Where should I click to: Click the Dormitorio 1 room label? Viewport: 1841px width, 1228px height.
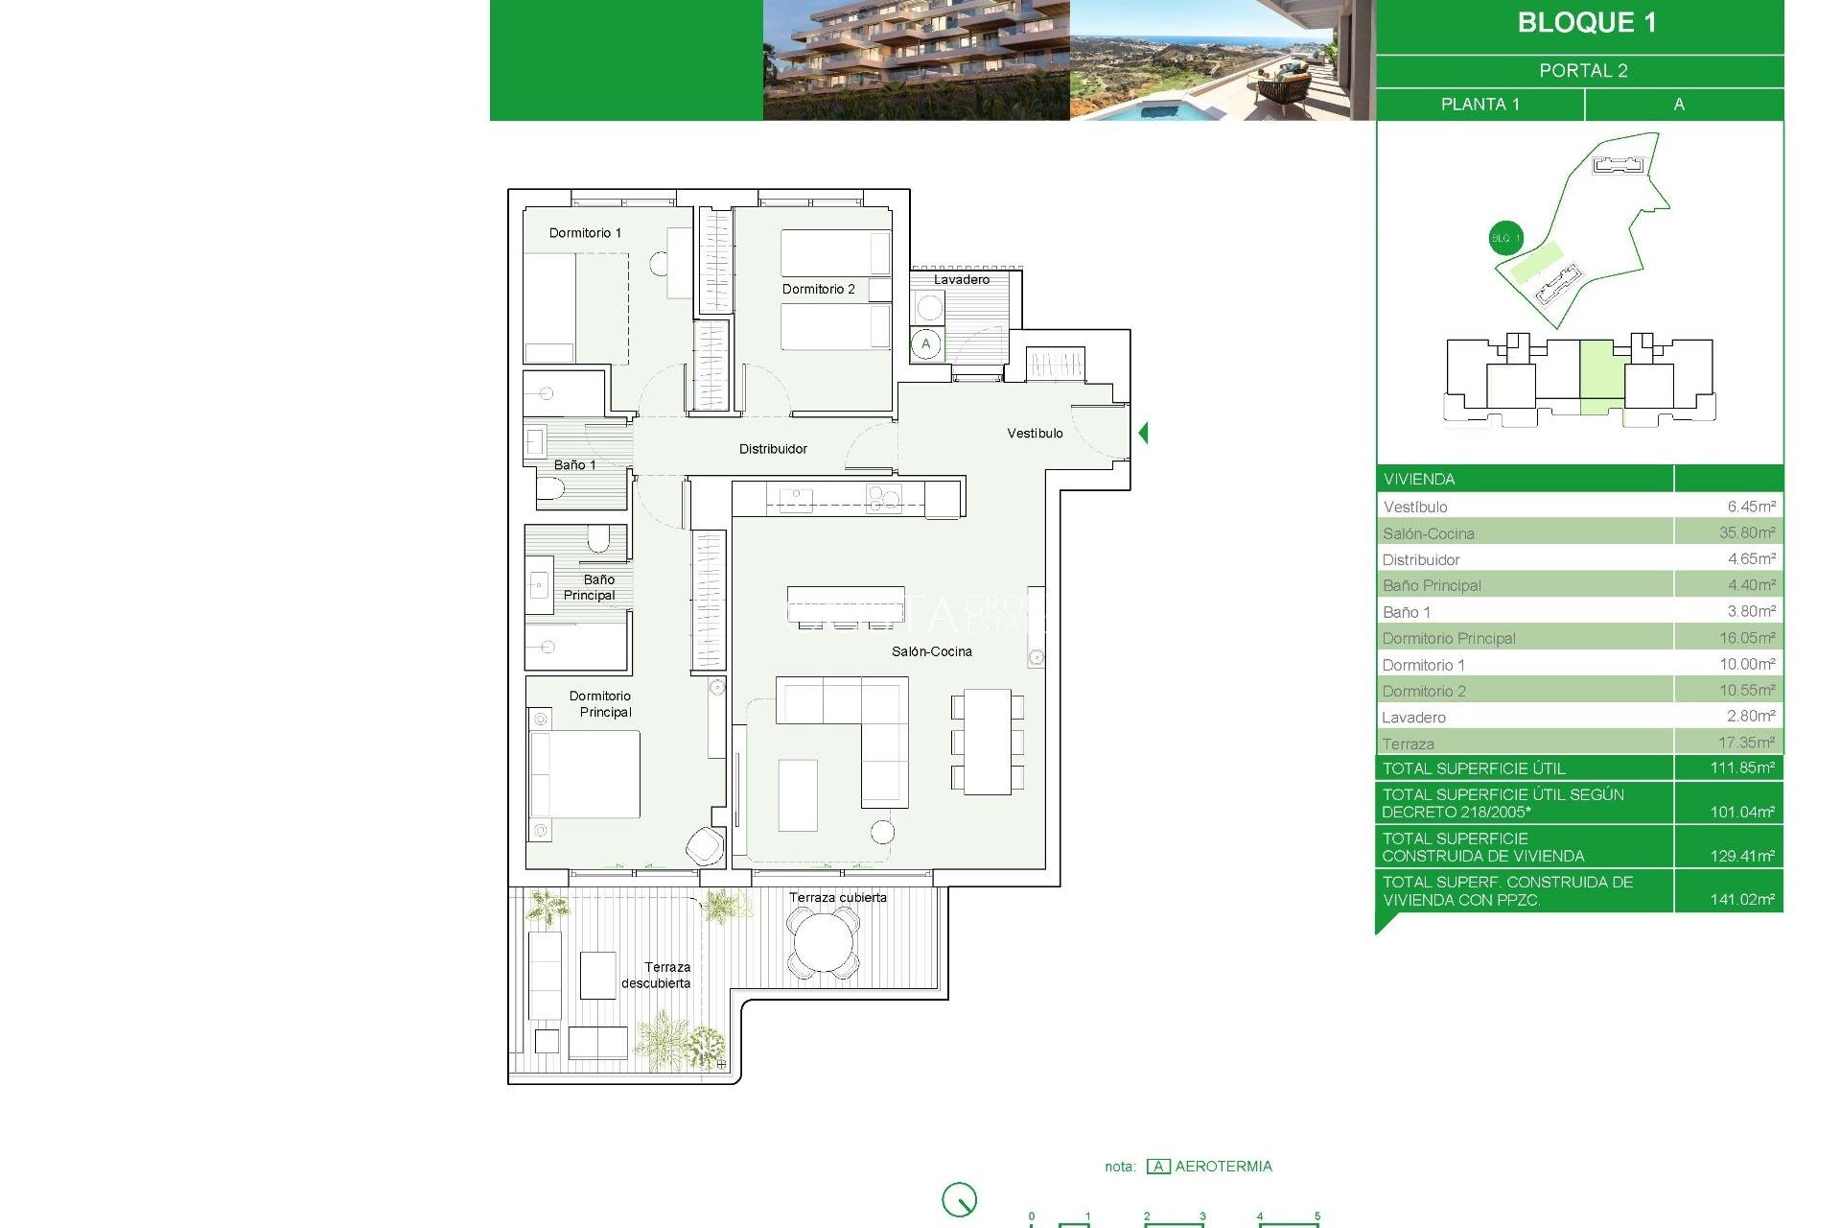point(585,233)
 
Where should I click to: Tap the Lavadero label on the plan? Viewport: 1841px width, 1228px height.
point(961,279)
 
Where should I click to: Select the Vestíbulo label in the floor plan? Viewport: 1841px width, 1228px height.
point(1035,434)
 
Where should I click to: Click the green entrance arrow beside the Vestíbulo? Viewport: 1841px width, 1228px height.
point(1143,433)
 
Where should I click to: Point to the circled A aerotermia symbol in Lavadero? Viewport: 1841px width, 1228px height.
point(925,344)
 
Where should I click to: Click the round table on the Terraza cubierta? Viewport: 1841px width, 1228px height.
point(822,943)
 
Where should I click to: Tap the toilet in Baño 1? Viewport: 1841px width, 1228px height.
point(550,490)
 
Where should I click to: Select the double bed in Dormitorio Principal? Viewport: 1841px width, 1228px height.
point(585,774)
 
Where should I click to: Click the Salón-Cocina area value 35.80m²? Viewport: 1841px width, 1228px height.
point(1746,532)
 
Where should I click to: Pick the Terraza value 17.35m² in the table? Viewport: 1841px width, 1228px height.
point(1745,743)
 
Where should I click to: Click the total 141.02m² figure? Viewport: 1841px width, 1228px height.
point(1741,900)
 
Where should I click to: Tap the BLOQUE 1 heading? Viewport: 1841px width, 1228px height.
point(1586,23)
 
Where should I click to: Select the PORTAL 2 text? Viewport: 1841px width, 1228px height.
point(1583,71)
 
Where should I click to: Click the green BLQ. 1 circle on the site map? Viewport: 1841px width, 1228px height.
point(1505,238)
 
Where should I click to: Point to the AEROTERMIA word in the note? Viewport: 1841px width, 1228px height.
point(1223,1167)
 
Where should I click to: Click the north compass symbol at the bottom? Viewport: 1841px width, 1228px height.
point(959,1199)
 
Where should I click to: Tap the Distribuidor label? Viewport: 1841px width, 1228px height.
point(773,449)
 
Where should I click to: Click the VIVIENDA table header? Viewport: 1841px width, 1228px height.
point(1419,479)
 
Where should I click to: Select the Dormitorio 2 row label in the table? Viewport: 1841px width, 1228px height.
point(1424,691)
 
